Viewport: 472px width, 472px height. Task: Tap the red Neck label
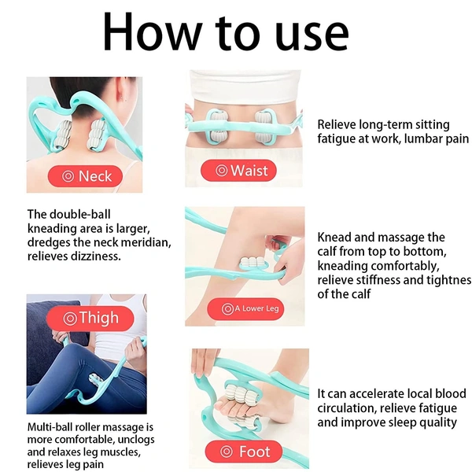[85, 176]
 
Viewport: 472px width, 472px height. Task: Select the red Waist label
[238, 171]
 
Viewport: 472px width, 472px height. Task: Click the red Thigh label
[90, 318]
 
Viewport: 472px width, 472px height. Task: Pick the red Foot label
[244, 452]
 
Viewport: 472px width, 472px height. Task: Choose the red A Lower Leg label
[245, 308]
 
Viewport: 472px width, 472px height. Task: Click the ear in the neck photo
[121, 96]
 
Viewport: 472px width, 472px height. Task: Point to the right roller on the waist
[265, 127]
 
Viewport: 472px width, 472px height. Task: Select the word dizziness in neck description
[96, 256]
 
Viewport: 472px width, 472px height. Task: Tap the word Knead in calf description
[334, 238]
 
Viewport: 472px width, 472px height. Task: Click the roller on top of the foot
[240, 395]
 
